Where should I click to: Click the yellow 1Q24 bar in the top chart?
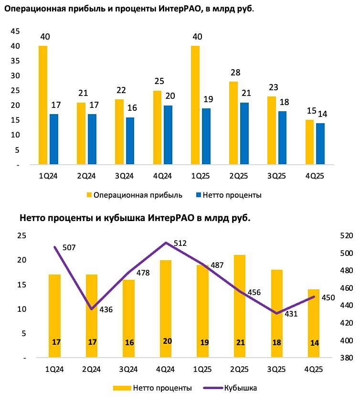click(x=43, y=105)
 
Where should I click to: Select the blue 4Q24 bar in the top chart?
click(x=168, y=135)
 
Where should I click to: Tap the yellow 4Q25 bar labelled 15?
click(x=309, y=142)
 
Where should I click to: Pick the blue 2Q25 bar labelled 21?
click(x=244, y=134)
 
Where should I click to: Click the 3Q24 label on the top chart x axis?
click(x=125, y=176)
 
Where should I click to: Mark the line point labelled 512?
click(x=166, y=243)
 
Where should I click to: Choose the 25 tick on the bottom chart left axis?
click(x=21, y=235)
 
